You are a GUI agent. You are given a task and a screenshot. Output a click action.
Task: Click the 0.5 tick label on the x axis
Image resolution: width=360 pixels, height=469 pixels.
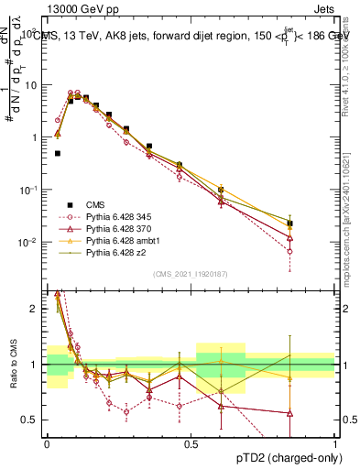click(x=191, y=444)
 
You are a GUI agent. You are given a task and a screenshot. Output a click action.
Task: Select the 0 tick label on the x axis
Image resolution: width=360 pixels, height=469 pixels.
click(x=47, y=444)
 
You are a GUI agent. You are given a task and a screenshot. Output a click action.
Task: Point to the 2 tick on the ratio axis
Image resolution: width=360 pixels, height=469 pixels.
click(x=37, y=309)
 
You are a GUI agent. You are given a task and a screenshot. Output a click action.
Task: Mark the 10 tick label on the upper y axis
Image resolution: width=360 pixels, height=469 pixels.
click(x=30, y=85)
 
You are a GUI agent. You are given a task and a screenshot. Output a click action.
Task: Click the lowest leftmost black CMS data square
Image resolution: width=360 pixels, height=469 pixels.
click(x=58, y=154)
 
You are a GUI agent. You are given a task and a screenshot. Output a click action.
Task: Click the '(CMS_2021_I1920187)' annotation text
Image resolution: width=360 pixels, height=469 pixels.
click(x=191, y=274)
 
